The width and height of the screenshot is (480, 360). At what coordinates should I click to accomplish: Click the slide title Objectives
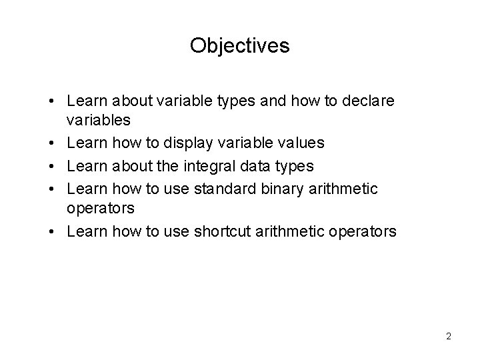[240, 45]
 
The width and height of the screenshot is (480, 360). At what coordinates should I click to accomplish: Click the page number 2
[449, 336]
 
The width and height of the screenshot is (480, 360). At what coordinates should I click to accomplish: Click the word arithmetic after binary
[344, 189]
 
